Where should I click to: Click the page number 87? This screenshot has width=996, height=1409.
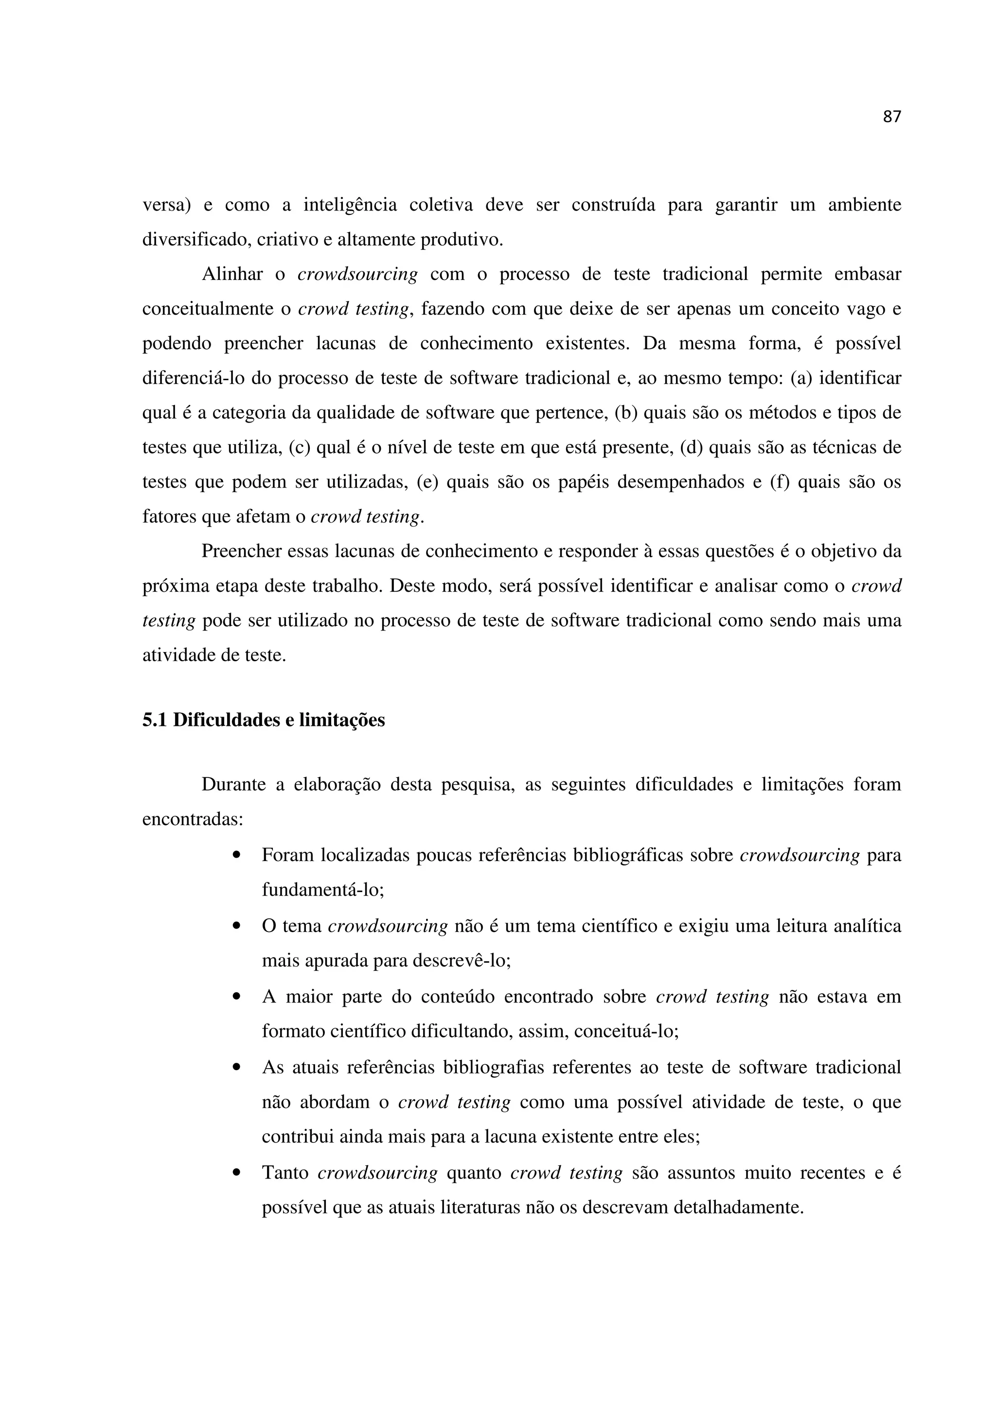tap(891, 117)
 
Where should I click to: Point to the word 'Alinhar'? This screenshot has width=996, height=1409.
tap(232, 274)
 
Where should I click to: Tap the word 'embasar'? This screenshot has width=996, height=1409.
tap(867, 274)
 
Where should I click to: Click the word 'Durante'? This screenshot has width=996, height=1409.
tap(234, 784)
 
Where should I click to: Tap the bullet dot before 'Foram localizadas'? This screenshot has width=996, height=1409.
tap(236, 855)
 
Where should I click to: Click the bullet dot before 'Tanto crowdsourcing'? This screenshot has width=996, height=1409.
tap(236, 1173)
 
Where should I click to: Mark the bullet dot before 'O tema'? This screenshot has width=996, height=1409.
tap(236, 925)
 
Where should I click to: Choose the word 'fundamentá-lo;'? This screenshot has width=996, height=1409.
tap(323, 889)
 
